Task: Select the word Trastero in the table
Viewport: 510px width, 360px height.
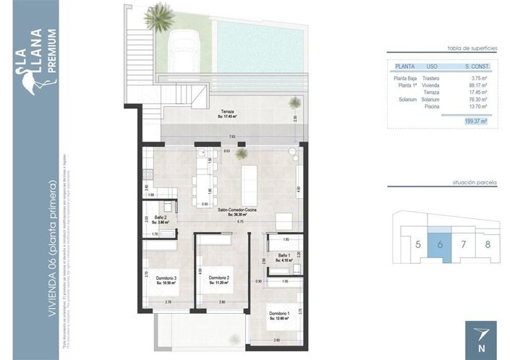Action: pos(430,77)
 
